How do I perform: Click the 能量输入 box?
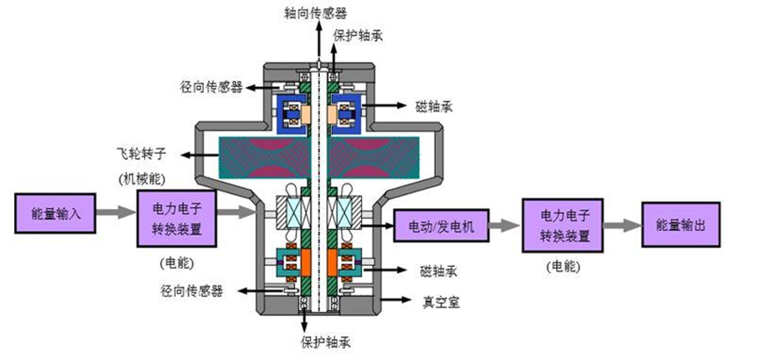pyautogui.click(x=54, y=212)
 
